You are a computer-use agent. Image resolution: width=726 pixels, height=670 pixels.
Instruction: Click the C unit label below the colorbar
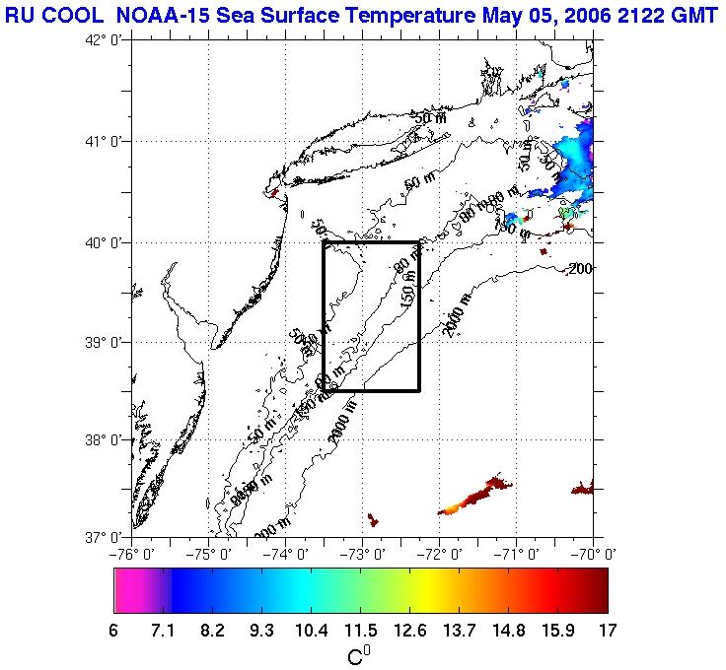(x=358, y=653)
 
